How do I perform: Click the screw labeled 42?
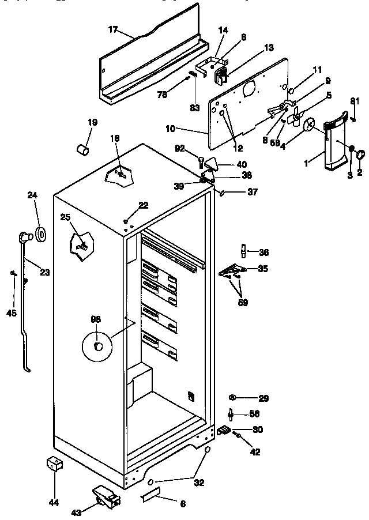coord(238,438)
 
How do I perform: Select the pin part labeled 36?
coord(243,251)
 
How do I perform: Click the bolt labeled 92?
coord(201,160)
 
